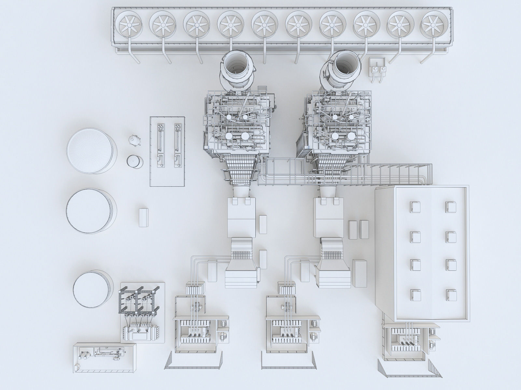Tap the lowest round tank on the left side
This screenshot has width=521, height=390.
point(92,289)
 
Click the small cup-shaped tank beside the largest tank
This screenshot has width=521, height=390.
point(134,162)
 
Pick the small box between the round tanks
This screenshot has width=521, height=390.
point(143,217)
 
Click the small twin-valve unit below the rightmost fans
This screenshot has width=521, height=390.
point(378,69)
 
